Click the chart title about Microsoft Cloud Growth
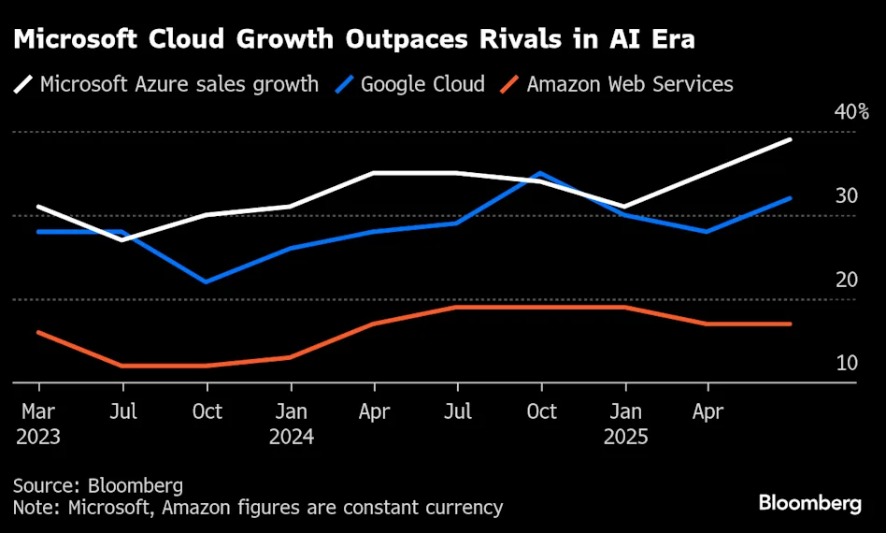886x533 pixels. (x=353, y=40)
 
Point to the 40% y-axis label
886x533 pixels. (x=851, y=113)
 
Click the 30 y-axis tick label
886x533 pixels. (x=847, y=195)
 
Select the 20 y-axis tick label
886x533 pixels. (x=847, y=280)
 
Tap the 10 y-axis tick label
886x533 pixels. (x=847, y=363)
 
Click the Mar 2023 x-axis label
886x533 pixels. (x=38, y=424)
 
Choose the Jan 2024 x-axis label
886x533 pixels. (x=291, y=424)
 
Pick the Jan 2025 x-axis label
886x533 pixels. (x=624, y=424)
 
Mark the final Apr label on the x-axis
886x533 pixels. (x=707, y=411)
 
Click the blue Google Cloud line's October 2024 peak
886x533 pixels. (x=540, y=174)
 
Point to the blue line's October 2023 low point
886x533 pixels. (x=207, y=281)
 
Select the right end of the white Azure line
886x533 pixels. (x=791, y=139)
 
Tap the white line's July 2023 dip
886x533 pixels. (x=122, y=239)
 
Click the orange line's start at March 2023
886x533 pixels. (x=38, y=332)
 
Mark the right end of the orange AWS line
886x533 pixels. (x=791, y=324)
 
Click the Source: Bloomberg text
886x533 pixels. (x=98, y=486)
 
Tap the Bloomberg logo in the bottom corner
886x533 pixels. (x=809, y=504)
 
